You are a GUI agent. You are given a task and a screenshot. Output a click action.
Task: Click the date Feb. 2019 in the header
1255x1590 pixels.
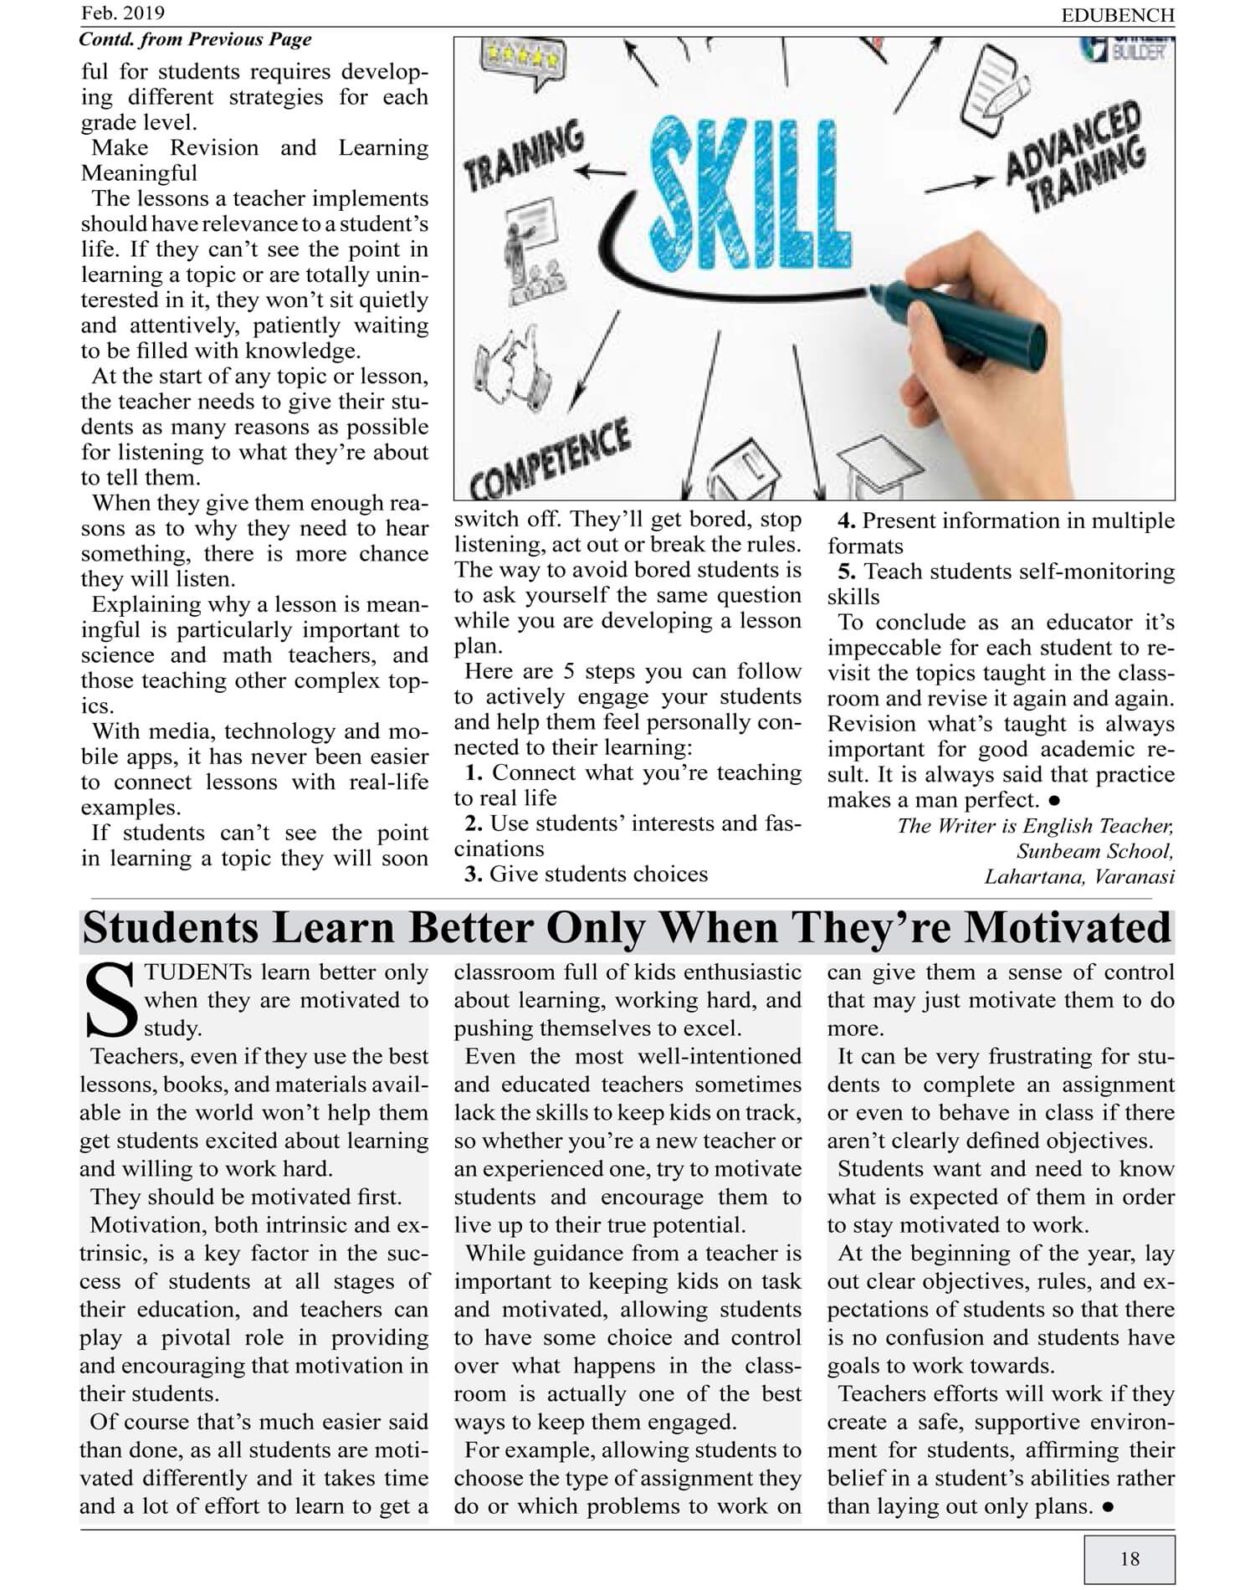click(123, 13)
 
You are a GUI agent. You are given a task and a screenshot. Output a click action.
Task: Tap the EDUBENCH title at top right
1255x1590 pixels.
click(1118, 15)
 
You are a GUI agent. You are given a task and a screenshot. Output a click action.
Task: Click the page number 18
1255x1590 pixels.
click(1129, 1558)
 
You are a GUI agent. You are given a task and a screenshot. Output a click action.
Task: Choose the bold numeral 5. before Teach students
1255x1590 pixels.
click(847, 572)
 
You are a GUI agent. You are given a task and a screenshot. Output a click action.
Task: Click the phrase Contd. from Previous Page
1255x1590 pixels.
click(195, 39)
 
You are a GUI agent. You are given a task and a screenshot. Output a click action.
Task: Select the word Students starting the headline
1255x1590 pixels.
click(171, 927)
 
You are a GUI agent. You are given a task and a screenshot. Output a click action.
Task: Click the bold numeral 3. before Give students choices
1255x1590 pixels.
click(474, 874)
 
